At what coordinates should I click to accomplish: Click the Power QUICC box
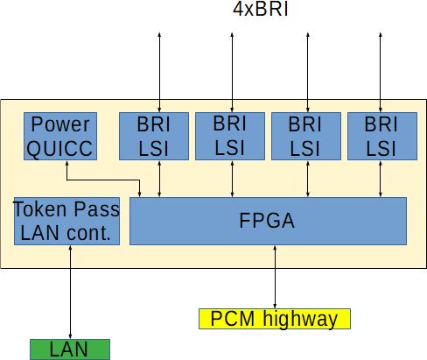click(x=60, y=136)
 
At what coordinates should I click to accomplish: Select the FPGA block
click(x=268, y=221)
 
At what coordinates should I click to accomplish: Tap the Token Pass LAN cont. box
click(x=66, y=221)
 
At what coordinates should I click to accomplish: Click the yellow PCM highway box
click(x=275, y=319)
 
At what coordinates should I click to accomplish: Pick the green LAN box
click(x=70, y=349)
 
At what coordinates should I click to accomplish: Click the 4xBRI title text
click(x=261, y=9)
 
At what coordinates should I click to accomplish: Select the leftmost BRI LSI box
click(x=154, y=136)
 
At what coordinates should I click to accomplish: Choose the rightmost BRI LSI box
click(x=382, y=136)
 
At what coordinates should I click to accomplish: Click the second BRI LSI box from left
click(x=230, y=136)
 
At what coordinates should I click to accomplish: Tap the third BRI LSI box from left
click(x=306, y=136)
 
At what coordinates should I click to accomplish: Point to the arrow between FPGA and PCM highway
click(x=275, y=277)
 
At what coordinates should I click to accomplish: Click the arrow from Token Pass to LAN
click(x=70, y=292)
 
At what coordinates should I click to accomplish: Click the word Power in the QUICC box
click(x=60, y=125)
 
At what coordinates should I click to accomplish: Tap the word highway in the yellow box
click(x=300, y=320)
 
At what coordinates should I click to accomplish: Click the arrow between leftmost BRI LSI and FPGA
click(x=159, y=179)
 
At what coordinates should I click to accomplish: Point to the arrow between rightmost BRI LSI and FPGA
click(x=381, y=179)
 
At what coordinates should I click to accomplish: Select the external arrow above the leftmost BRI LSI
click(x=159, y=72)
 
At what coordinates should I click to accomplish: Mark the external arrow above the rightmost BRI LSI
click(x=381, y=72)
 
